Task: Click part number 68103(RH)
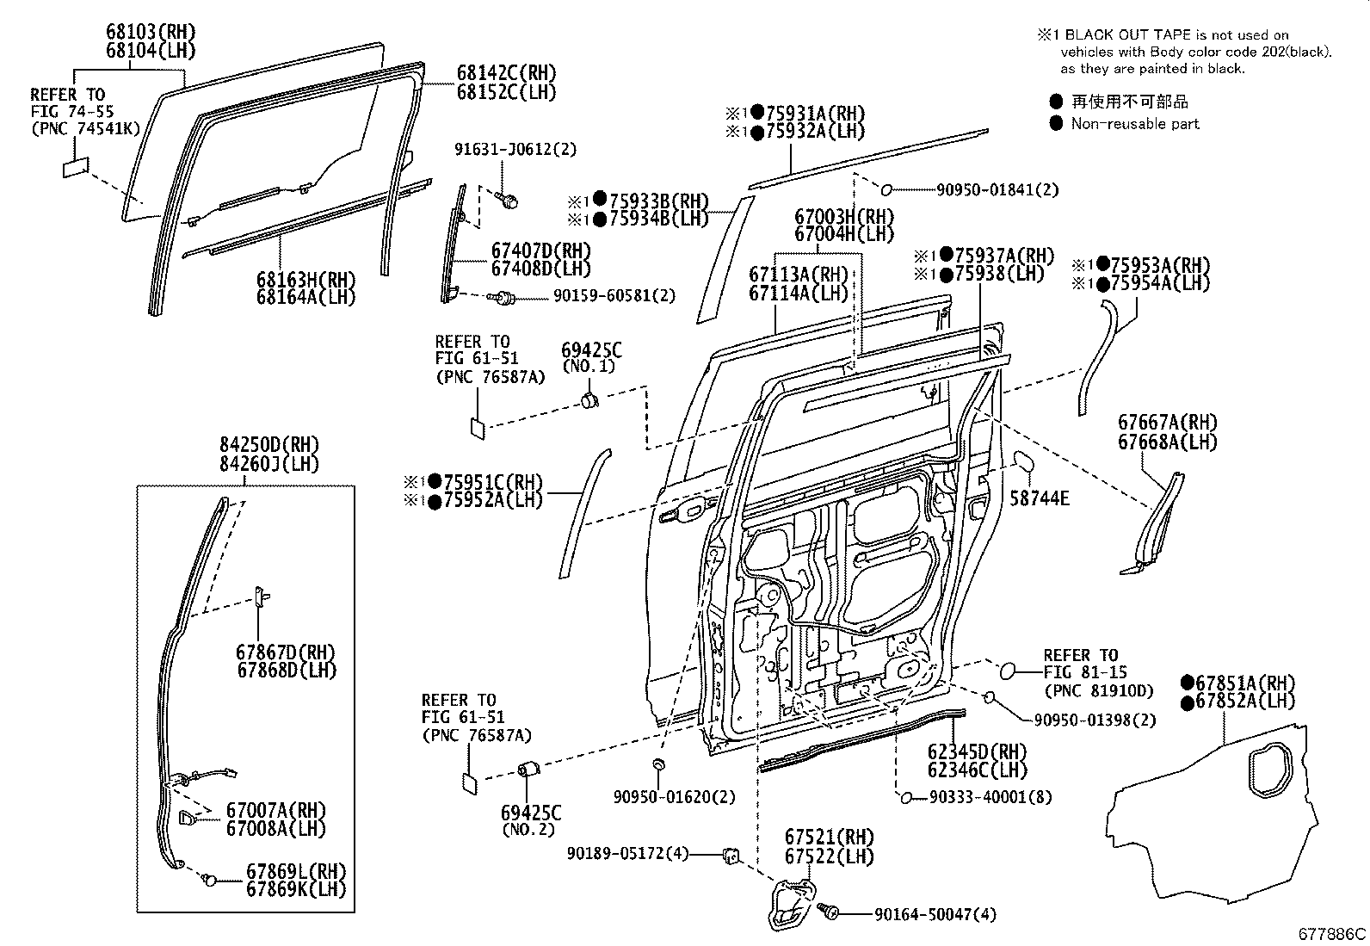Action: pos(151,32)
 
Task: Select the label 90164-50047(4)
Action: pos(935,914)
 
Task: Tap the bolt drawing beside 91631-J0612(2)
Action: pos(508,201)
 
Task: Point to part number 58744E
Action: pos(1039,498)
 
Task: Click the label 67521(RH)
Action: pos(829,837)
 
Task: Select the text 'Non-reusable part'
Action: pos(1135,124)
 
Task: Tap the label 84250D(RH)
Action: pos(268,445)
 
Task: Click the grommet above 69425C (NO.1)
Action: pos(590,400)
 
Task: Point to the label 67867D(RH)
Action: pos(287,652)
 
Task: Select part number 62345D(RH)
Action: pos(977,751)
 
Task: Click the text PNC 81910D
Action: pos(1098,690)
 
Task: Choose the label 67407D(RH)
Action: pos(541,250)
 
